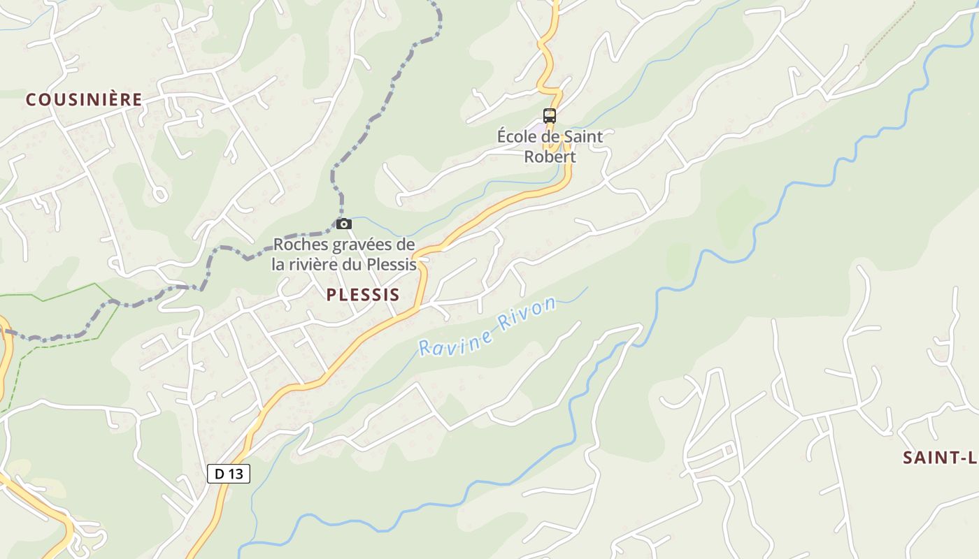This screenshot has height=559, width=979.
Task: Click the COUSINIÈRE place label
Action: tap(84, 100)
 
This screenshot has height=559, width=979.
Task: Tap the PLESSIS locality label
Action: tap(363, 295)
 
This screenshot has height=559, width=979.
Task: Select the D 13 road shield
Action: tap(229, 474)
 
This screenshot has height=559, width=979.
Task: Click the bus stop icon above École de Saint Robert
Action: tap(550, 116)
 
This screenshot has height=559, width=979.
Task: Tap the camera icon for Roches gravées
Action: tap(344, 224)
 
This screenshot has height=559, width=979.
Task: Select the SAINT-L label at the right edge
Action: tap(939, 458)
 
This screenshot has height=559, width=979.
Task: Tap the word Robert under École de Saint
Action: tap(550, 157)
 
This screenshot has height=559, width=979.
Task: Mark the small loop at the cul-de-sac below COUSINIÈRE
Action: tap(160, 194)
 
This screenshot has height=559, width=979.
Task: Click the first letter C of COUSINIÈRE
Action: tap(31, 100)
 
